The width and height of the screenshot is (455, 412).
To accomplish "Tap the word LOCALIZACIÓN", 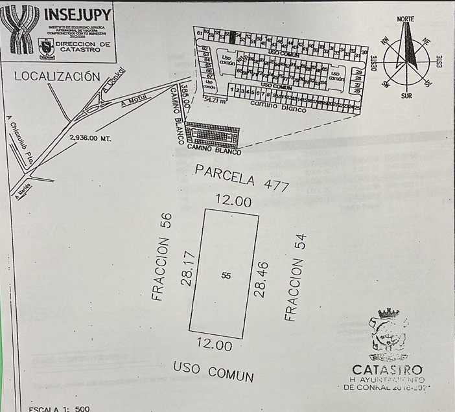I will click(57, 76).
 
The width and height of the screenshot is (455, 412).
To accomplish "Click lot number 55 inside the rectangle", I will click(226, 275).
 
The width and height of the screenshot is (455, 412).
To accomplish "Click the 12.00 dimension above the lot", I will click(233, 202).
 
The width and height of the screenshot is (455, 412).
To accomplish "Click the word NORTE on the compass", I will click(406, 19).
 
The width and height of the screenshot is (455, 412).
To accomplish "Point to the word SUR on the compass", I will click(406, 95).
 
